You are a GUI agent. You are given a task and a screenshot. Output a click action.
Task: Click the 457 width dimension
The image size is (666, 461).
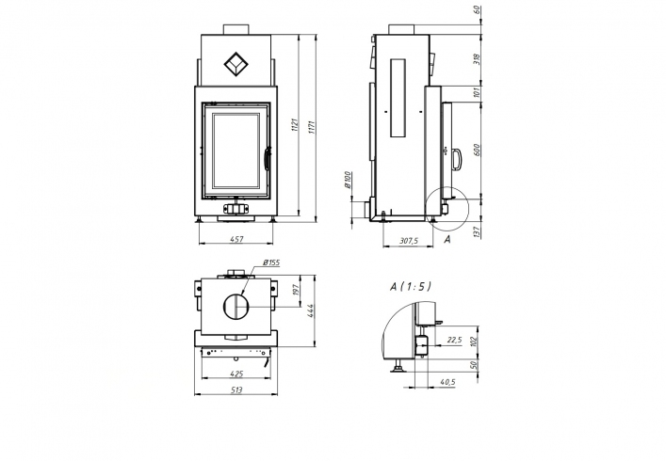pos(236,239)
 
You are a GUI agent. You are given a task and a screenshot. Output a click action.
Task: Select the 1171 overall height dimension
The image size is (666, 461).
pos(311,127)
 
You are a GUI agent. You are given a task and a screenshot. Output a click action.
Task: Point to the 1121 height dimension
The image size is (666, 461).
pos(295,125)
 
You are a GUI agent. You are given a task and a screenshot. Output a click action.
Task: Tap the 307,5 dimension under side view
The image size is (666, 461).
pos(409,241)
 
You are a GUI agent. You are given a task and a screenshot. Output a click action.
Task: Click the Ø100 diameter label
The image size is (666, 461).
pos(347,180)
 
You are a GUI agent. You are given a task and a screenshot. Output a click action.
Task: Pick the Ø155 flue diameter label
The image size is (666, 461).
pos(271,262)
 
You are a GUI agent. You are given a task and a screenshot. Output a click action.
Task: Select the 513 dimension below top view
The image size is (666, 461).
pos(236,390)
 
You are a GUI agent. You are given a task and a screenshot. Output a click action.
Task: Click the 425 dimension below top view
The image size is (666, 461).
pos(236,374)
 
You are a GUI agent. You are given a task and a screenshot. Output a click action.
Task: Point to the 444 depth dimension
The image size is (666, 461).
pos(310,310)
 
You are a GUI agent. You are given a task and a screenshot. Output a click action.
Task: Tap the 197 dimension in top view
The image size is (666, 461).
pos(296,290)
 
